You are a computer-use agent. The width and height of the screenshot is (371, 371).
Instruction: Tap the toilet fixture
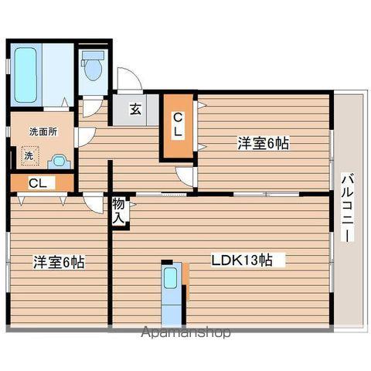click(93, 66)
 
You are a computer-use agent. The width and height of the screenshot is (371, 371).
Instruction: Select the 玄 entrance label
click(134, 110)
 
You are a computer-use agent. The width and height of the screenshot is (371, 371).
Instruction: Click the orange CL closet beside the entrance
click(178, 126)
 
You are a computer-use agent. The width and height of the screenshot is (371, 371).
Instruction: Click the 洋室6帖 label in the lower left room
click(58, 261)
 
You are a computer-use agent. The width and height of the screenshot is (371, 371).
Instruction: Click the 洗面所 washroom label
click(42, 131)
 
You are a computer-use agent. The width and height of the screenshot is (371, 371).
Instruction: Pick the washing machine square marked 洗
click(29, 155)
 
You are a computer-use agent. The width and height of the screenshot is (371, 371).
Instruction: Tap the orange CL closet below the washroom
click(37, 183)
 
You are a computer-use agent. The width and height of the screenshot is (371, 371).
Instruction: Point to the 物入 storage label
click(118, 210)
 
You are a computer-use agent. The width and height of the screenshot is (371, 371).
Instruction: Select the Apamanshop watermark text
click(185, 334)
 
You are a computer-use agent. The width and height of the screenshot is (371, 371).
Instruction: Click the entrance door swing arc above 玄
click(128, 79)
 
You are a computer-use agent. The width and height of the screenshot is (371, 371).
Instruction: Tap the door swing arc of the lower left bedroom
click(94, 203)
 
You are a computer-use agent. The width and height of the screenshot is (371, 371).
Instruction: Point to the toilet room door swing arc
click(91, 105)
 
